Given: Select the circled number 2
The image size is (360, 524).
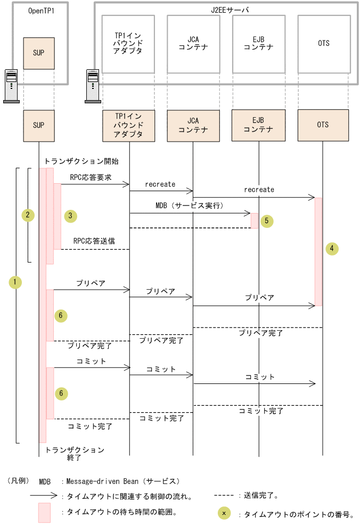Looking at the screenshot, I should click(27, 215).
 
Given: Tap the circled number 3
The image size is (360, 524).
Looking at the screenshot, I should click(70, 216).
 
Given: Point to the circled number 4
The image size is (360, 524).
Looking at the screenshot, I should click(332, 249).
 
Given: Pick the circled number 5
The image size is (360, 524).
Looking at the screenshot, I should click(267, 222).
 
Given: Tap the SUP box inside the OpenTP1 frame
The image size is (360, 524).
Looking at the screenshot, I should click(39, 53).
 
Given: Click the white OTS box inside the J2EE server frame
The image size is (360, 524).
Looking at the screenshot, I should click(324, 44).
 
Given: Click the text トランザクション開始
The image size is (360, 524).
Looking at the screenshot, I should click(81, 161).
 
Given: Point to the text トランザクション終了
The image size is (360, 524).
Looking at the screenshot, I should click(75, 454).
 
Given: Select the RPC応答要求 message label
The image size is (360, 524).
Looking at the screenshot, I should click(91, 177).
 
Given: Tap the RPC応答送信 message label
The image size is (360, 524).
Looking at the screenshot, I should click(94, 241).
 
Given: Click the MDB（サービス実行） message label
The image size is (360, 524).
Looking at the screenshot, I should click(189, 206).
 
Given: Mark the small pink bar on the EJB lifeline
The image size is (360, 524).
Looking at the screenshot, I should click(255, 220).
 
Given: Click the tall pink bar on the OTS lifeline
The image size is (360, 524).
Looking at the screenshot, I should click(318, 251).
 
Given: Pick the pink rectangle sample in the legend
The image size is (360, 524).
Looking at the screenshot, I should click(44, 512).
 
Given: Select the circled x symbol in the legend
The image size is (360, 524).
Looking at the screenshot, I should click(224, 513).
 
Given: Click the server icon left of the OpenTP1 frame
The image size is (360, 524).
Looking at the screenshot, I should click(11, 85).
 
